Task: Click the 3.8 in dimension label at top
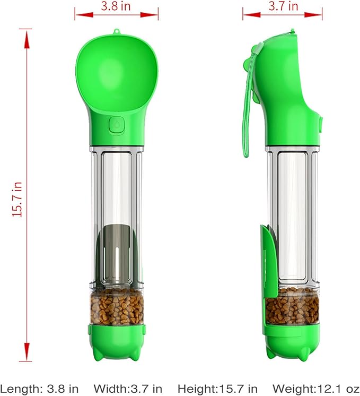point(116,6)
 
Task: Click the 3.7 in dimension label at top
point(283,6)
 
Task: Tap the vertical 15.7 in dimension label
point(17,199)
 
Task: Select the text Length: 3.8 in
point(39,389)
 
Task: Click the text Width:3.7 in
point(128,389)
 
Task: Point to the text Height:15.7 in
point(218,389)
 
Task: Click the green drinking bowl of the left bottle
point(117,73)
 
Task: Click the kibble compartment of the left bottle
point(117,307)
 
